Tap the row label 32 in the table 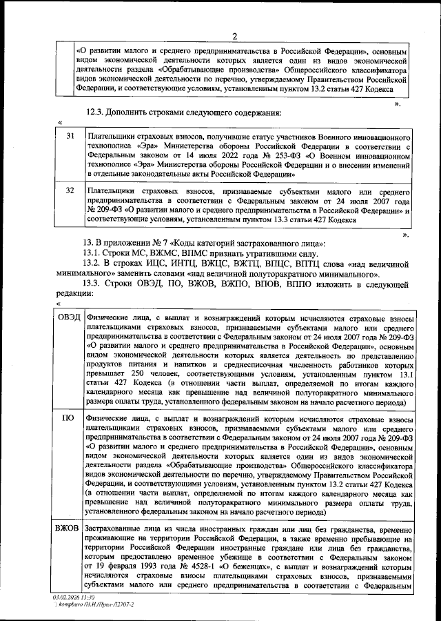[x=69, y=191]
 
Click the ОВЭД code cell [x=69, y=317]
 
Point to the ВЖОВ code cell [x=69, y=528]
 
